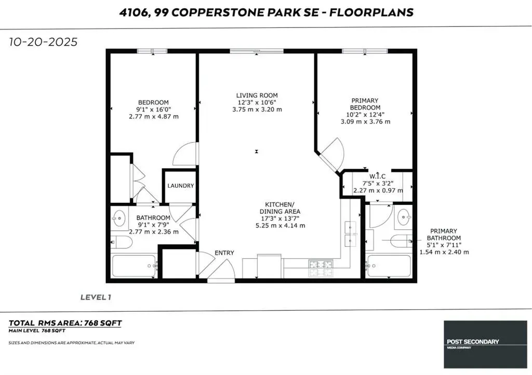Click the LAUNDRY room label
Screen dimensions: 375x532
coord(180,186)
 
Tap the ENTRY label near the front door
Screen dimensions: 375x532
coord(224,253)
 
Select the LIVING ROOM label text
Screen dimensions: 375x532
coord(257,95)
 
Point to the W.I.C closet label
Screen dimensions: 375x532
coord(377,175)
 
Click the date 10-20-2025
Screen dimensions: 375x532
coord(43,42)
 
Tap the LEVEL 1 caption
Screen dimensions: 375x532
coord(96,297)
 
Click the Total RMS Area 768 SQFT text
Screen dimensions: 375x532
coord(65,323)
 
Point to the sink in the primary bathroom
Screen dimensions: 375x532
coord(403,216)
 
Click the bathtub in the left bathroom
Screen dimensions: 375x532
coord(135,266)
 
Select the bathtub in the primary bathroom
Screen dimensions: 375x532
coord(389,266)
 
